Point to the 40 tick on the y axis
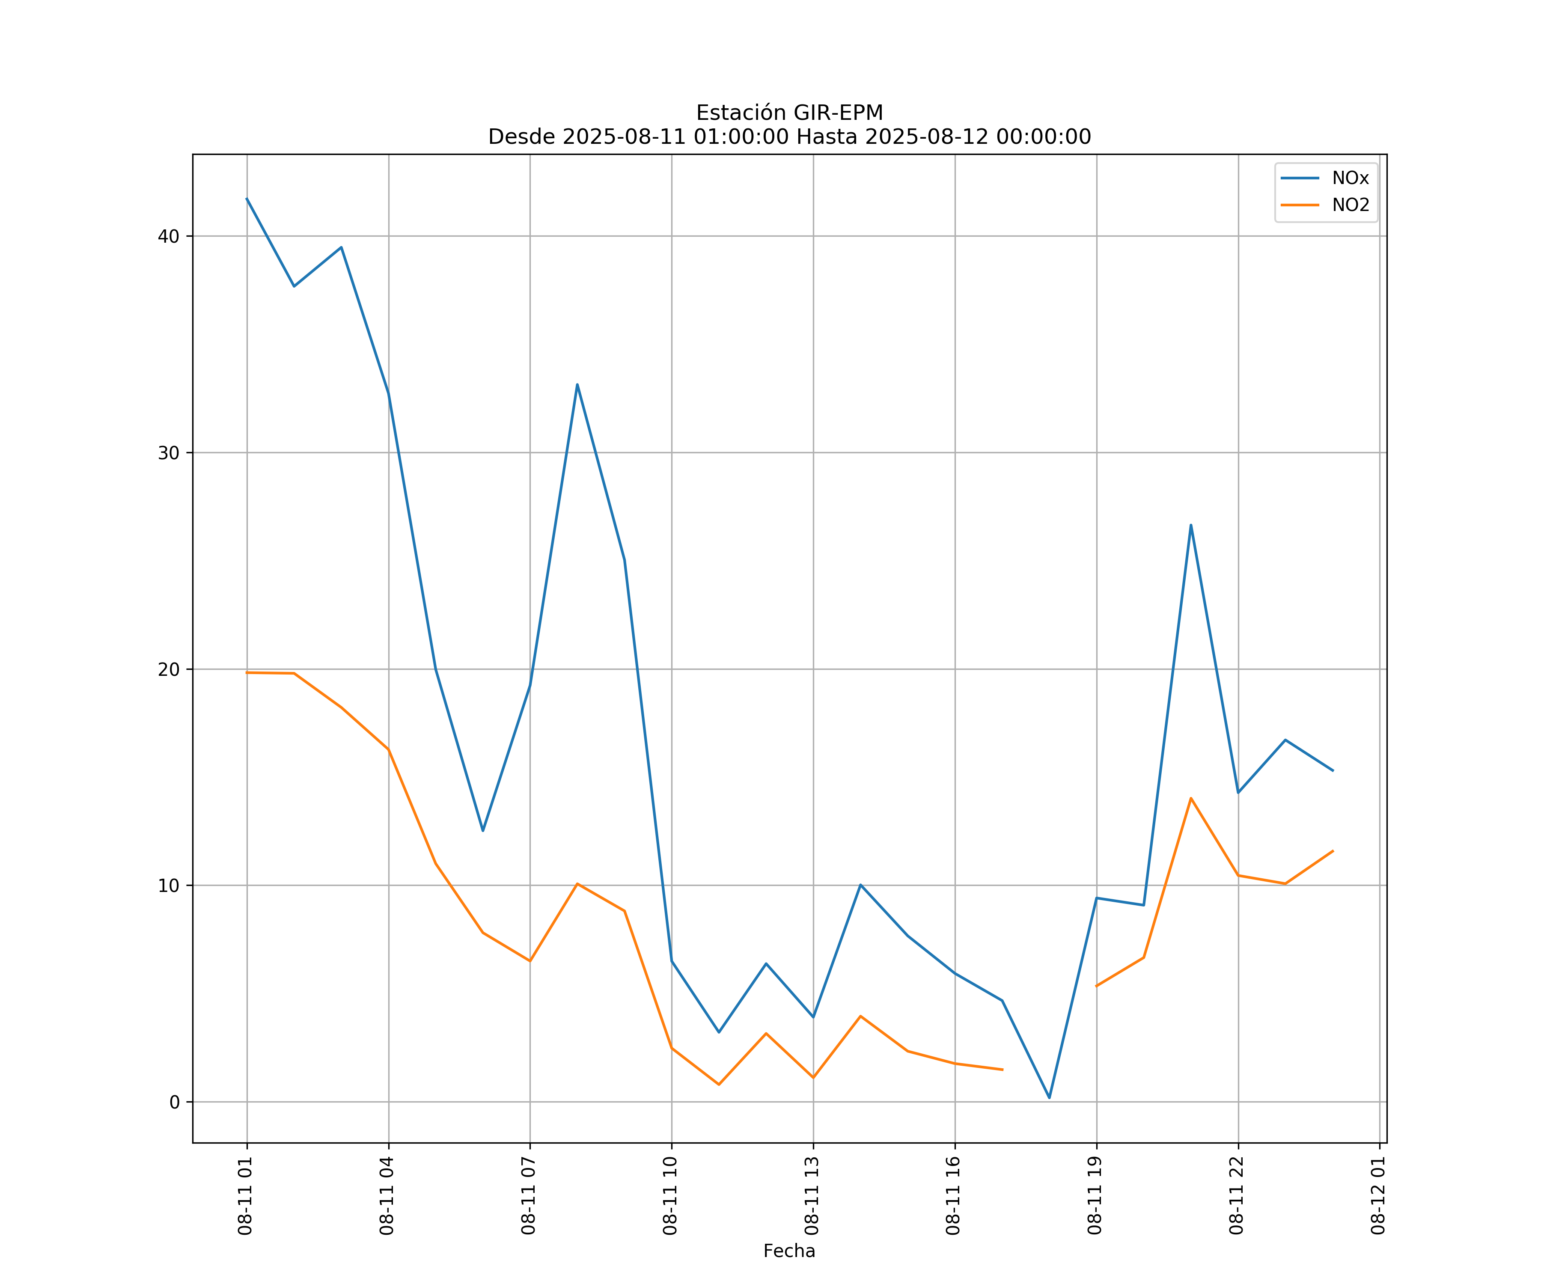click(169, 236)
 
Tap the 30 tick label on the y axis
click(169, 453)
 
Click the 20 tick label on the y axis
click(169, 669)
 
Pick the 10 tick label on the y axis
click(169, 886)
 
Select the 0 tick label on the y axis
click(174, 1102)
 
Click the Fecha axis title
click(789, 1251)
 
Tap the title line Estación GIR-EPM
click(790, 113)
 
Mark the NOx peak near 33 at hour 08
click(577, 384)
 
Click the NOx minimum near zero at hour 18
click(1049, 1098)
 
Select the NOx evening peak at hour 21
click(1191, 525)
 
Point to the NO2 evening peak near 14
click(1191, 797)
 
